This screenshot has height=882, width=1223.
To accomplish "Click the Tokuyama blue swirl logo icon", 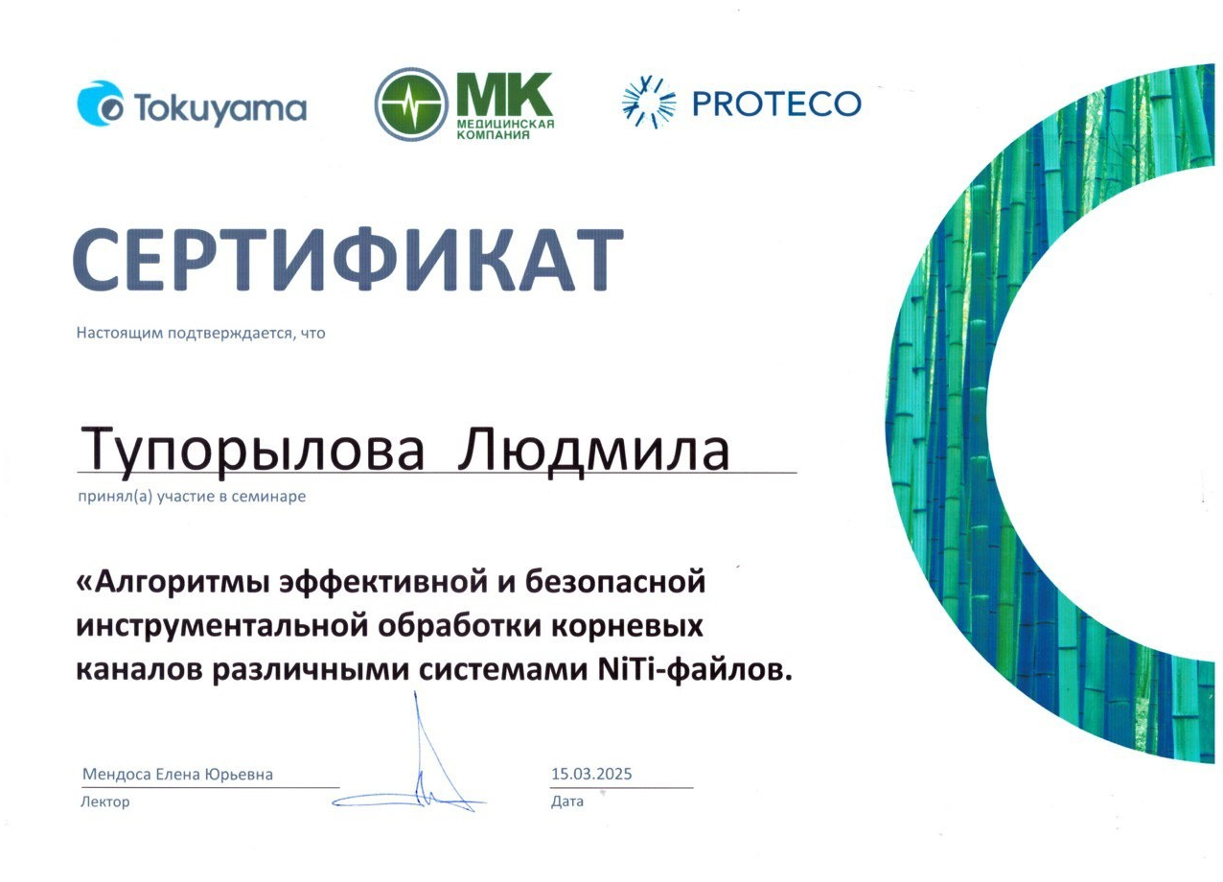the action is pos(100,104).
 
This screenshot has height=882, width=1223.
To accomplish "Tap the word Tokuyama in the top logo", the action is pos(220,108).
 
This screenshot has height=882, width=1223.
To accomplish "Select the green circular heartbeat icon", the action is pos(411,104).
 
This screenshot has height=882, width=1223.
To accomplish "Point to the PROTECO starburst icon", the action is pos(649,104).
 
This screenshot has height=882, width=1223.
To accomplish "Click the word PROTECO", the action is pos(776,104).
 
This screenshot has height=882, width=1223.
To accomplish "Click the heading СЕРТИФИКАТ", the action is pos(348,260).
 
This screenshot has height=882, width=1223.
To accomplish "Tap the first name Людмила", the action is pos(594,452).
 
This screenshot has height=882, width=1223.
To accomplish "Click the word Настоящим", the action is pos(120,333).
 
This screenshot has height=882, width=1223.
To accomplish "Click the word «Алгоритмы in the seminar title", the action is pos(173,582).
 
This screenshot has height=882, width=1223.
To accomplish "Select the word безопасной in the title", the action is pos(615,581).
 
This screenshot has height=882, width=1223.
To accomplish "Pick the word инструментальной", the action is pos(222,626).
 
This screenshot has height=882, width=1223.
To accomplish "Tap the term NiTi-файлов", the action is pos(695,670).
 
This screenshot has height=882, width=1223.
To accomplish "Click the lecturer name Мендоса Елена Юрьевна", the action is pos(177,775).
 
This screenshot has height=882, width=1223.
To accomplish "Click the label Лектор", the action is pos(104,801).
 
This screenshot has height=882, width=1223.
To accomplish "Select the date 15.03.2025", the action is pos(591,774).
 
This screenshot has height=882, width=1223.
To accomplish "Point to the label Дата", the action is pos(567,801).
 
